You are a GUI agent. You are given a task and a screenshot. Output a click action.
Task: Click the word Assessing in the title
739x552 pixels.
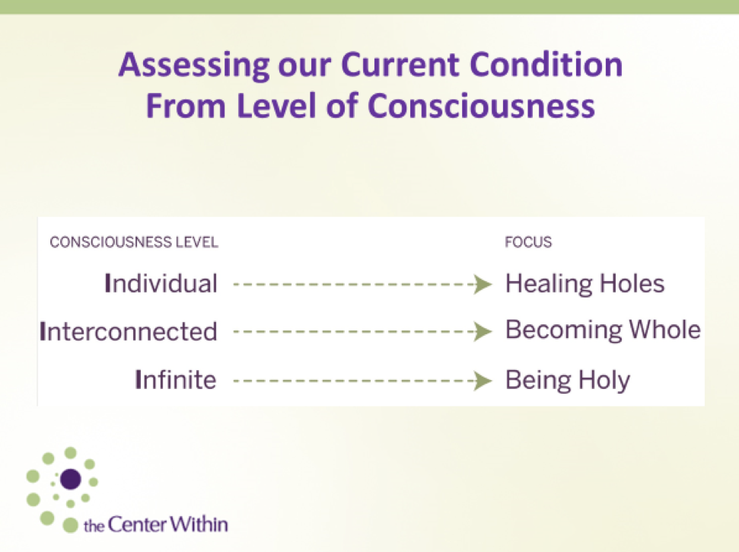tap(194, 65)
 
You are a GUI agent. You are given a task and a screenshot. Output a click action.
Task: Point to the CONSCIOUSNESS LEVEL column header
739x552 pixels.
tap(134, 242)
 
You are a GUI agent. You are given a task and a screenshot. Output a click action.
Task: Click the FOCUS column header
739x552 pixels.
tap(528, 242)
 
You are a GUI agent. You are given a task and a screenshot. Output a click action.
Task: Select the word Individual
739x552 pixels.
tap(161, 284)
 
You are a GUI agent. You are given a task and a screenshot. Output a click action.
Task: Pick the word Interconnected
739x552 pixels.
tap(129, 331)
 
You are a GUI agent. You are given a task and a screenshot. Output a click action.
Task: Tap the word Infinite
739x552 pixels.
tap(175, 379)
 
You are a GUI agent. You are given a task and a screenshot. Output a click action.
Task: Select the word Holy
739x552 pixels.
tap(604, 381)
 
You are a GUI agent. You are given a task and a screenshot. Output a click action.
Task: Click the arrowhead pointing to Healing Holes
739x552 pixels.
tap(483, 284)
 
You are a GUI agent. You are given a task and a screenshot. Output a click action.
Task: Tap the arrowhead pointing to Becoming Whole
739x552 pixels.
tap(483, 331)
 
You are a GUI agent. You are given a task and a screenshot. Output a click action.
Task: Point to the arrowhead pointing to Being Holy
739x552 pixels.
tap(483, 381)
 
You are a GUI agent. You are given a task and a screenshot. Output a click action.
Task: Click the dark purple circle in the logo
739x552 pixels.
tap(72, 479)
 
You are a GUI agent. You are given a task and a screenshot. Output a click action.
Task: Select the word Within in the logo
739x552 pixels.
tap(199, 524)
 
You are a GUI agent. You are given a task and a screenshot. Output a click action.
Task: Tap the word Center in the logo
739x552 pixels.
tap(137, 525)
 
